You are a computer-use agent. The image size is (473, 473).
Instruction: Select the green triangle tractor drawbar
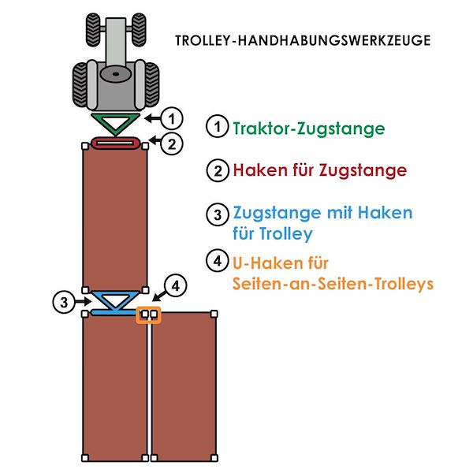click(x=116, y=123)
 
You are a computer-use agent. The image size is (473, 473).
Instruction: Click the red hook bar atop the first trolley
click(x=116, y=143)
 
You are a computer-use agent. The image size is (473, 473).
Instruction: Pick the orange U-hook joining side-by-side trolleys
click(x=148, y=315)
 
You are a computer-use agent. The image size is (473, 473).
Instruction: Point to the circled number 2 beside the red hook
click(x=174, y=143)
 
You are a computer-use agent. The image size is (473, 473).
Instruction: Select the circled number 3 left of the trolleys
click(x=61, y=300)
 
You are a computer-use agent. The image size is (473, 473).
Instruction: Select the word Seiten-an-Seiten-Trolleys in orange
click(x=333, y=284)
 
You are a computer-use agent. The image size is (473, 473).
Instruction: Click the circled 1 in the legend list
click(x=215, y=128)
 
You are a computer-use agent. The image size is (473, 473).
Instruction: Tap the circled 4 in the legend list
click(x=215, y=262)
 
